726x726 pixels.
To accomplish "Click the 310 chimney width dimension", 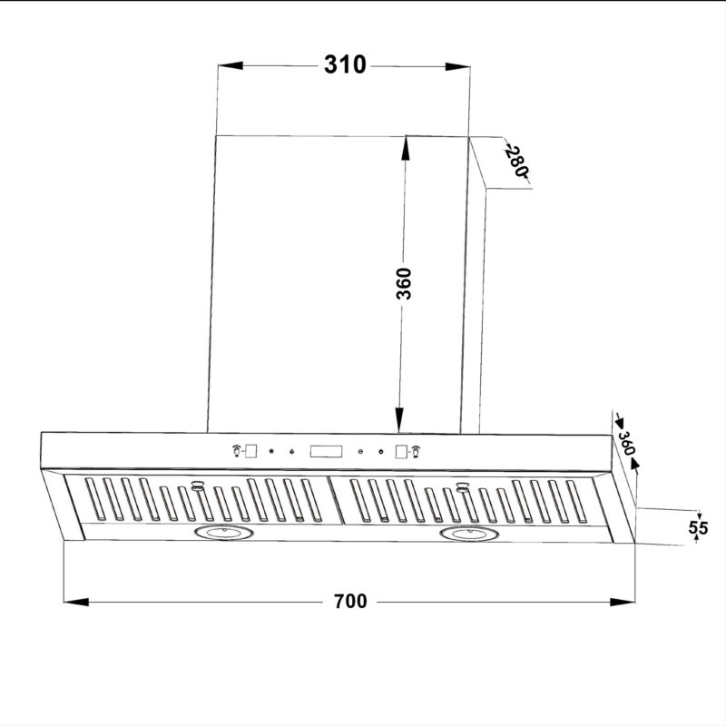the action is pyautogui.click(x=345, y=64).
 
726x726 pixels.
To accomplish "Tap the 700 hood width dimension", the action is pyautogui.click(x=350, y=601).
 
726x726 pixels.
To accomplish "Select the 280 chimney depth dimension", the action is pyautogui.click(x=516, y=162).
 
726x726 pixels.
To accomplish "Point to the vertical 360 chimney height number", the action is pyautogui.click(x=404, y=283).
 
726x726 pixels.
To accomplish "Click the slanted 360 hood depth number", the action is pyautogui.click(x=626, y=443).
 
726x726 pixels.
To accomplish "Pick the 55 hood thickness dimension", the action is pyautogui.click(x=698, y=527).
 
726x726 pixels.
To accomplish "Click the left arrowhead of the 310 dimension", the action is pyautogui.click(x=231, y=65).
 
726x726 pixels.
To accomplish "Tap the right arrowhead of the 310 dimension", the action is pyautogui.click(x=457, y=66).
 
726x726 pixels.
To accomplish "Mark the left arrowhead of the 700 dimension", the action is pyautogui.click(x=76, y=602).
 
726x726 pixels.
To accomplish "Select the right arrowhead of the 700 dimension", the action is pyautogui.click(x=623, y=602).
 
